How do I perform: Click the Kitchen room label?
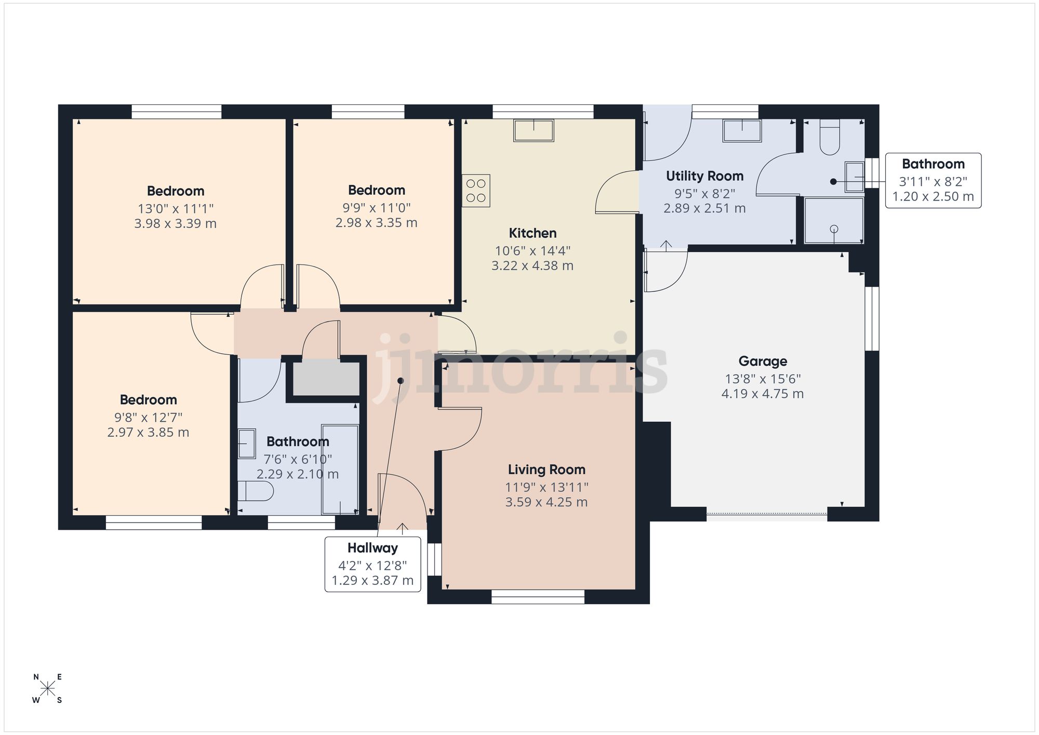[532, 233]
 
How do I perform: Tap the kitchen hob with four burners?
[476, 191]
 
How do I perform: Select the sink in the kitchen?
[534, 130]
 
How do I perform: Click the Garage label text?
[763, 361]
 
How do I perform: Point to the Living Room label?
[547, 470]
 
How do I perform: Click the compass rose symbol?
[48, 689]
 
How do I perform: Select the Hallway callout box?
[372, 564]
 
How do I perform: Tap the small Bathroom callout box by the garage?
[933, 180]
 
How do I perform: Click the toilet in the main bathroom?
[255, 490]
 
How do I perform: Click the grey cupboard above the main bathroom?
[326, 379]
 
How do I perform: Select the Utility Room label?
[704, 176]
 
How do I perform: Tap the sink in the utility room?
[742, 130]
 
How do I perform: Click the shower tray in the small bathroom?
[834, 220]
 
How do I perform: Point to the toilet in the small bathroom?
[830, 138]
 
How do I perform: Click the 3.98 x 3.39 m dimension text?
[175, 224]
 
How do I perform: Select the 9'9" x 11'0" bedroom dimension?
[376, 208]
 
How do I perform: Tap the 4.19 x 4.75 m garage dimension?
[762, 394]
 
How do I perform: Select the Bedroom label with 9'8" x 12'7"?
[148, 399]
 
